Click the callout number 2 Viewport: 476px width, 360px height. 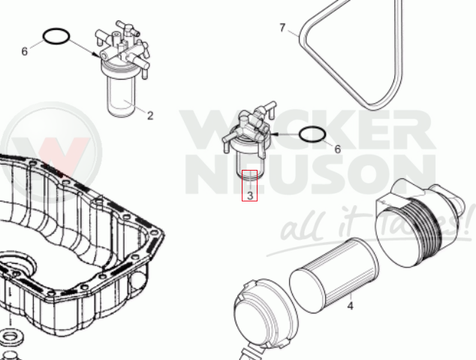click(x=150, y=116)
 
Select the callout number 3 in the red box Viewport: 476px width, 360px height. click(x=250, y=195)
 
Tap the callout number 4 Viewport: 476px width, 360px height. click(x=350, y=306)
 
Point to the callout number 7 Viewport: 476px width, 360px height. click(x=282, y=28)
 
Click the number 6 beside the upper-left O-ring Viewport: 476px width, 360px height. click(x=25, y=51)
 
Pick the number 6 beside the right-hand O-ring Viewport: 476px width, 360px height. click(x=338, y=149)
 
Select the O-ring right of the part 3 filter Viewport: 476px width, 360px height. click(x=312, y=127)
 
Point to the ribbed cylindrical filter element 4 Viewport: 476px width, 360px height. click(x=334, y=275)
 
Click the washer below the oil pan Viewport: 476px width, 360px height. click(x=11, y=336)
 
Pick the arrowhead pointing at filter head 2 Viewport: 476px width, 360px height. click(x=97, y=55)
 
